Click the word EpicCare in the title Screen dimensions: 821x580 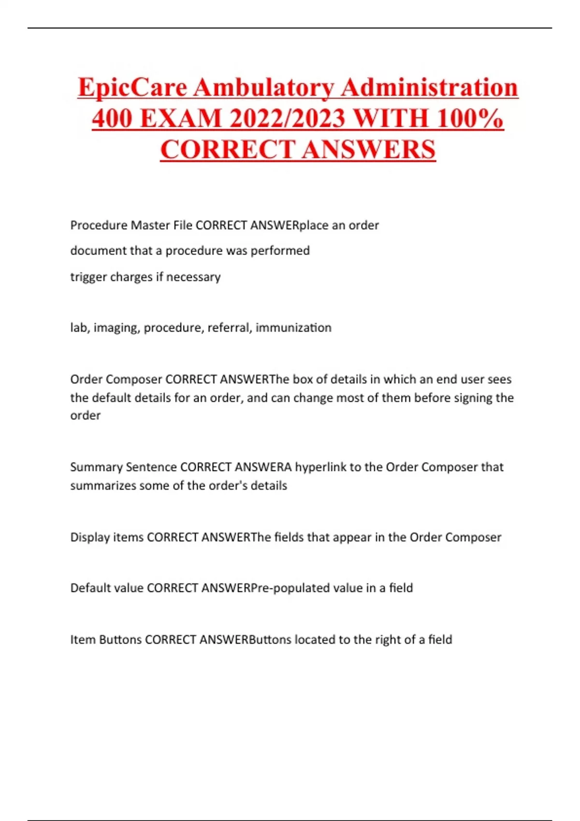coord(132,88)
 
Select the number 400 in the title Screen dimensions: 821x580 coord(112,119)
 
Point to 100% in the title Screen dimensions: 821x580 coord(469,119)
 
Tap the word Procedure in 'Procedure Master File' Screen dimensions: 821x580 coord(99,225)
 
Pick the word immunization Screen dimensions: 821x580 coord(293,327)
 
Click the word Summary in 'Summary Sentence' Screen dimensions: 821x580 coord(96,467)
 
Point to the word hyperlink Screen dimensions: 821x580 coord(321,467)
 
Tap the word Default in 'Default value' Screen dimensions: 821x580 coord(90,588)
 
